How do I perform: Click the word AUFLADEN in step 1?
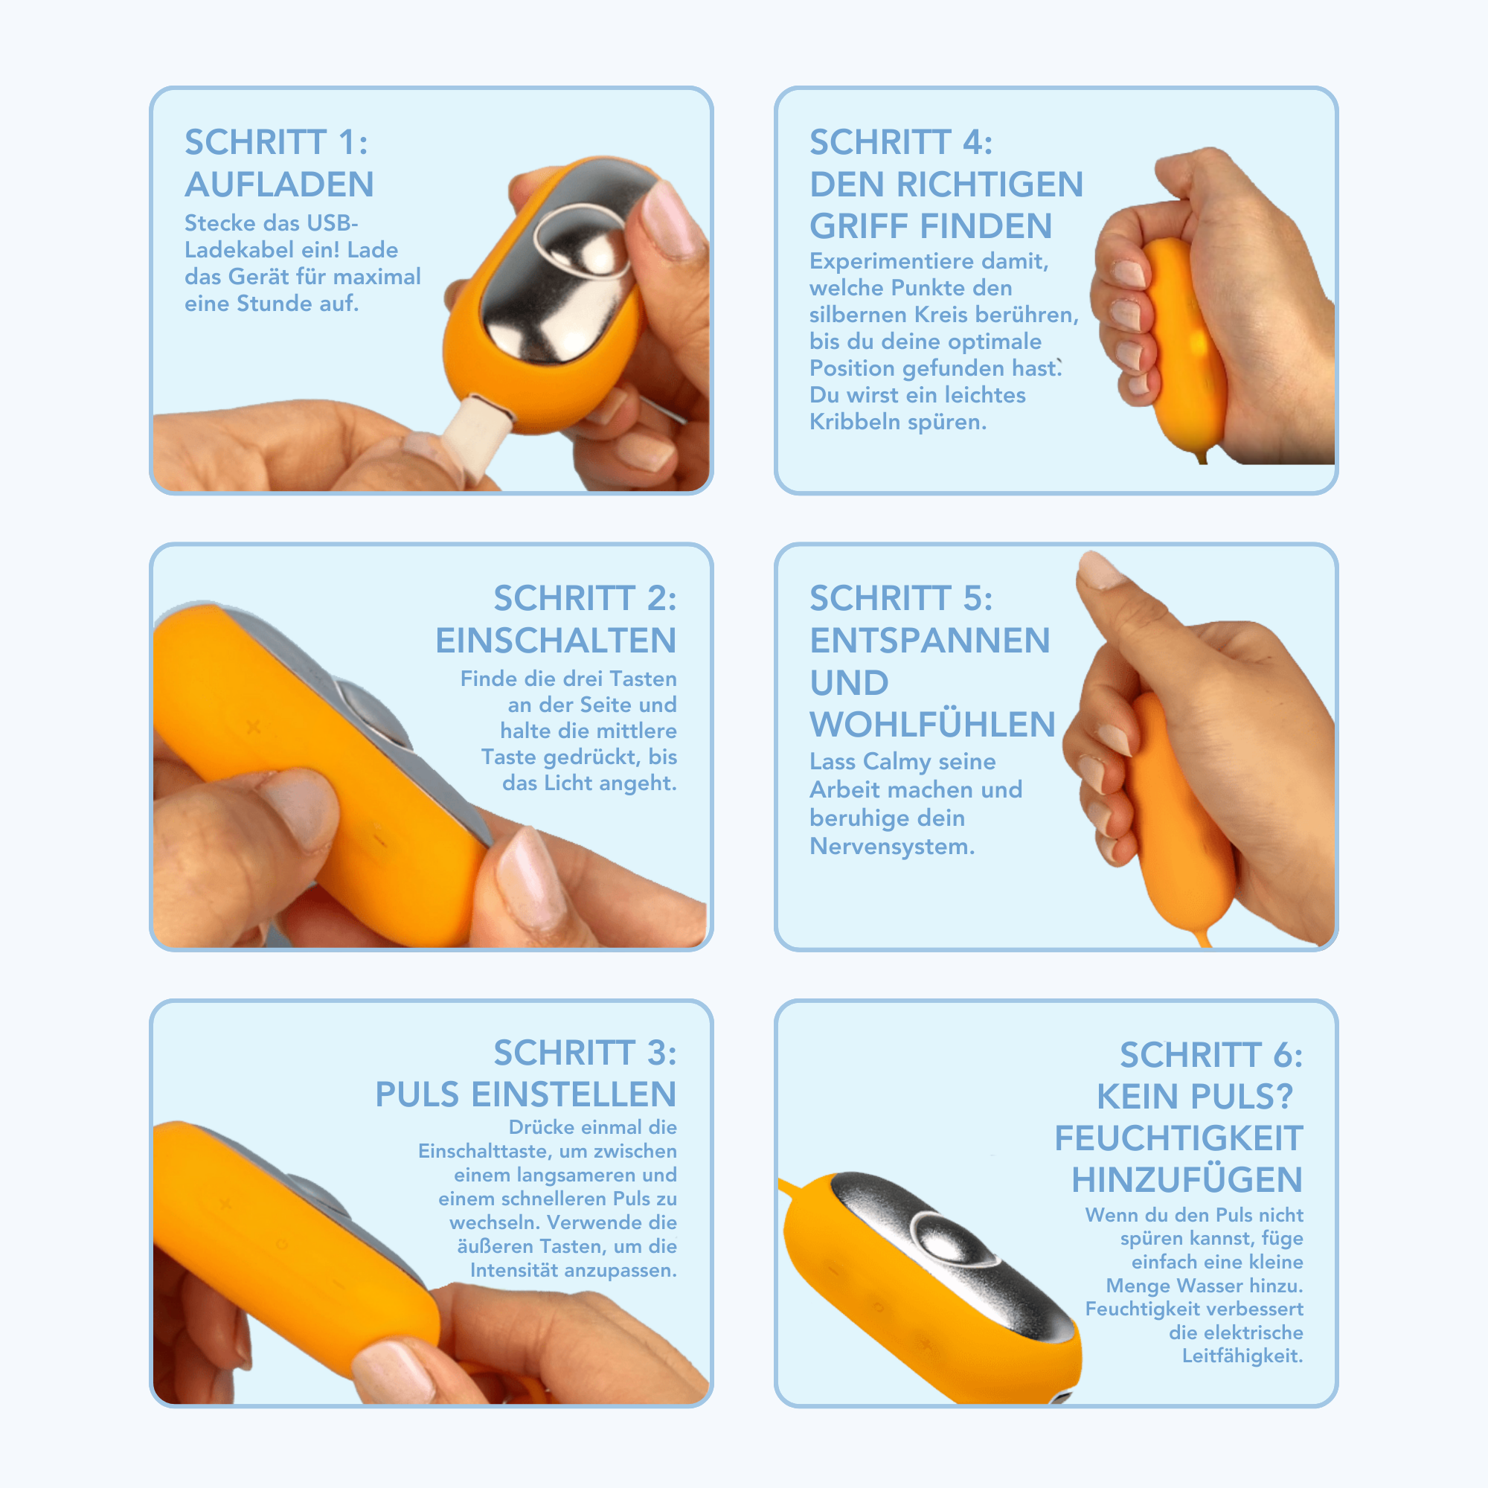coord(279,185)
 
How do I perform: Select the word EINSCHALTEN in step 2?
coord(555,641)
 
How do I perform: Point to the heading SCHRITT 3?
coord(585,1053)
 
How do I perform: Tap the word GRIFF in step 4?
coord(859,226)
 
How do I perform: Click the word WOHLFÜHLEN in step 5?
coord(932,725)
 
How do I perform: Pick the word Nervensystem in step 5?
coord(892,847)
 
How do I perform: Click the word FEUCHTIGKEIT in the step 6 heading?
coord(1178,1138)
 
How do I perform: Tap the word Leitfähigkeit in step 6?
coord(1242,1356)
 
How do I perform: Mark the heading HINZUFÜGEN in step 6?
coord(1187,1180)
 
